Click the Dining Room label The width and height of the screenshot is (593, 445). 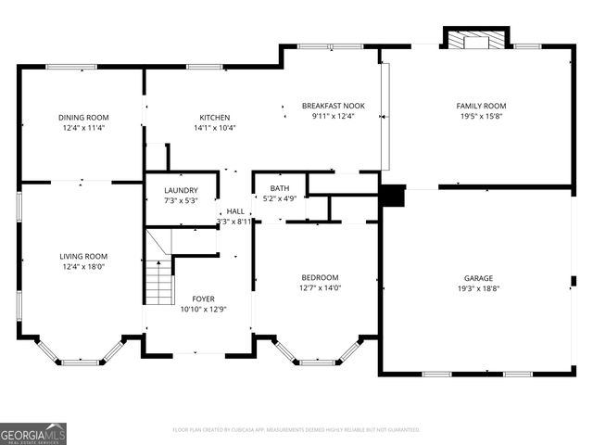coord(83,117)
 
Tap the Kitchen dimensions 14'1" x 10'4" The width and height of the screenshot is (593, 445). coord(214,128)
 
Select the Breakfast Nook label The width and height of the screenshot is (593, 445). coord(333,106)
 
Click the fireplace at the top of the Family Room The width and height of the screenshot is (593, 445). coord(475,40)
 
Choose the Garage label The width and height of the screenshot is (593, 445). coord(478,278)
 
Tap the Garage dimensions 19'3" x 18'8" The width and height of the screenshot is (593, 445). coord(478,289)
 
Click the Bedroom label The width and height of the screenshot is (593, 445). coord(320,277)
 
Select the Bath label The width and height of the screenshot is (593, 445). coord(280,188)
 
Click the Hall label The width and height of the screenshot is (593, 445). coord(235,211)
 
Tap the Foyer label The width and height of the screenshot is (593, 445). coord(203,299)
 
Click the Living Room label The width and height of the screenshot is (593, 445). coord(83,256)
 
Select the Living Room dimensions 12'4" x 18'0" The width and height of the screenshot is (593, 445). coord(83,267)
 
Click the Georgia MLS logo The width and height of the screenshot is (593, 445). coord(33,433)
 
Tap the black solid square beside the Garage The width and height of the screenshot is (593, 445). coord(393,197)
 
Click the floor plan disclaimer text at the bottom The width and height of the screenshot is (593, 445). coord(296,430)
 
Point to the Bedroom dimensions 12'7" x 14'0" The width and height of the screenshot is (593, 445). coord(320,288)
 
